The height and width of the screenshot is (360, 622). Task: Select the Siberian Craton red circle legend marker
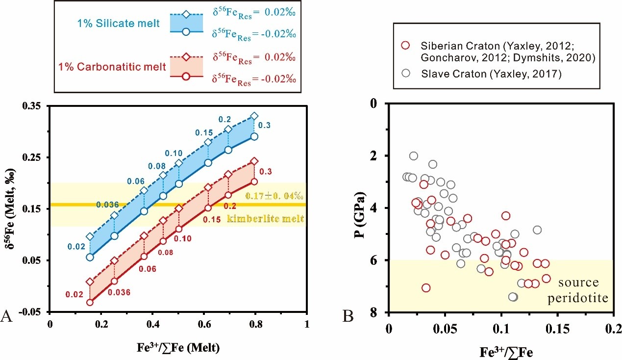point(405,46)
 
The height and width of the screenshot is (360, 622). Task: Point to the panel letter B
point(348,317)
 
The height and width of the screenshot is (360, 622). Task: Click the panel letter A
point(7,317)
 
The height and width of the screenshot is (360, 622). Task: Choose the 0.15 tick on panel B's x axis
point(557,325)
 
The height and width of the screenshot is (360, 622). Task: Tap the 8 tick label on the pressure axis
point(378,312)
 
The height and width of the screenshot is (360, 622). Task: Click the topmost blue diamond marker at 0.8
point(254,116)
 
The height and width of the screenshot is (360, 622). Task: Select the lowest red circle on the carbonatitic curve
point(90,302)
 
